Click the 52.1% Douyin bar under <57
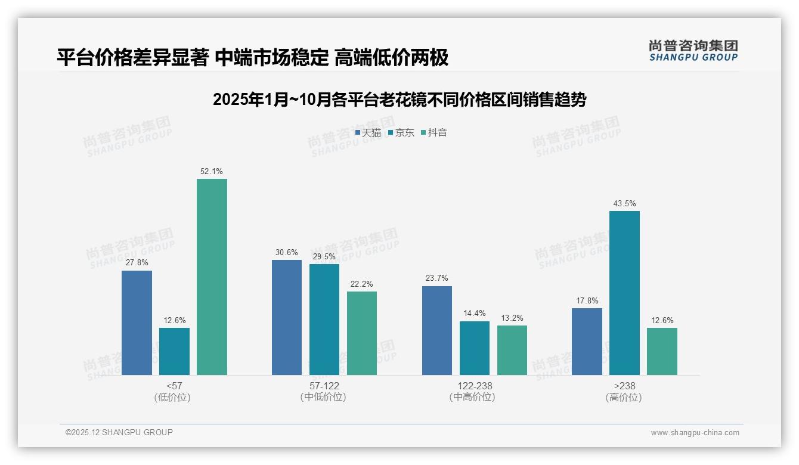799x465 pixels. pyautogui.click(x=212, y=277)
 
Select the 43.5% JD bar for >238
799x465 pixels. pyautogui.click(x=624, y=293)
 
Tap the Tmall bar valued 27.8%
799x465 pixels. pyautogui.click(x=137, y=323)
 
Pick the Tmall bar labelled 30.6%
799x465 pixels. pyautogui.click(x=287, y=317)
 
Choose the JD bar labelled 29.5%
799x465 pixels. pyautogui.click(x=324, y=320)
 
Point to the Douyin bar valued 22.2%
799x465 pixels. pyautogui.click(x=362, y=333)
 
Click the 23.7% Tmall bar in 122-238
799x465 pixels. pyautogui.click(x=437, y=330)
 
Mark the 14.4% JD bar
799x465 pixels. pyautogui.click(x=475, y=348)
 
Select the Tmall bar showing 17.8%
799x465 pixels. pyautogui.click(x=587, y=342)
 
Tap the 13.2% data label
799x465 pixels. pyautogui.click(x=512, y=318)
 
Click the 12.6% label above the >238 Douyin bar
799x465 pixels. pyautogui.click(x=662, y=320)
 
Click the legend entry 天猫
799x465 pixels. pyautogui.click(x=368, y=133)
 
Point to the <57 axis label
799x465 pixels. pyautogui.click(x=175, y=386)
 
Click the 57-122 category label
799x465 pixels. pyautogui.click(x=324, y=386)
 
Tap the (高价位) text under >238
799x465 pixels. pyautogui.click(x=624, y=397)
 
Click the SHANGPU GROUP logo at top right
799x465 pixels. pyautogui.click(x=693, y=51)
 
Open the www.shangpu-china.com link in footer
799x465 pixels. pyautogui.click(x=695, y=433)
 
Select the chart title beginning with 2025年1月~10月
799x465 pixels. pyautogui.click(x=399, y=100)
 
